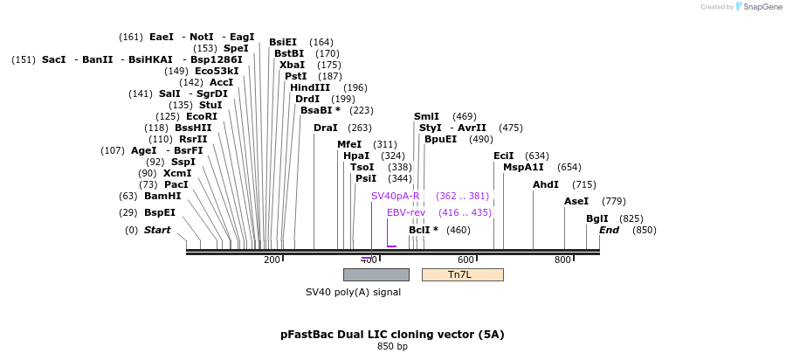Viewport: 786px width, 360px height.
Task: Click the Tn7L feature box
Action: [462, 274]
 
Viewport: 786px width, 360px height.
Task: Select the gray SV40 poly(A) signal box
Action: [376, 274]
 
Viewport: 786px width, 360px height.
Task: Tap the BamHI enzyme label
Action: [162, 196]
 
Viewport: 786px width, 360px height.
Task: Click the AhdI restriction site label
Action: [547, 184]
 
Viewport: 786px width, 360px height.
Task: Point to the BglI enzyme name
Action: [597, 218]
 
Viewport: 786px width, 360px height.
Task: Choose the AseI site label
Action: [576, 201]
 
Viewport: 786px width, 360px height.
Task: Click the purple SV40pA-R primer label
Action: [396, 196]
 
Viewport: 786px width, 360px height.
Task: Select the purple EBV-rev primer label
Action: [406, 212]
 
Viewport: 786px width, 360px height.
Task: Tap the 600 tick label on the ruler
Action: [466, 260]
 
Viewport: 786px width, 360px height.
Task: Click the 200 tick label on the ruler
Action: [272, 260]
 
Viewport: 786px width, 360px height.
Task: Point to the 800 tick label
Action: [563, 260]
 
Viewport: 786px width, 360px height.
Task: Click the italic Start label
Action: [157, 230]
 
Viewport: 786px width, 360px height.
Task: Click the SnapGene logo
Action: [756, 7]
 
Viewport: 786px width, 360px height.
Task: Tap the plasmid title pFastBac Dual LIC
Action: [392, 334]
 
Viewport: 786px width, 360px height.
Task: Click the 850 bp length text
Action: [392, 347]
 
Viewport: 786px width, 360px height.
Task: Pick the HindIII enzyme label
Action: [310, 87]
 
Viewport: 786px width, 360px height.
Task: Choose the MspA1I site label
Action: [523, 167]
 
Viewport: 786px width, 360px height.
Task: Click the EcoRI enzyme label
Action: [202, 116]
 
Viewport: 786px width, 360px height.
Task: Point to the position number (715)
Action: [584, 184]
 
